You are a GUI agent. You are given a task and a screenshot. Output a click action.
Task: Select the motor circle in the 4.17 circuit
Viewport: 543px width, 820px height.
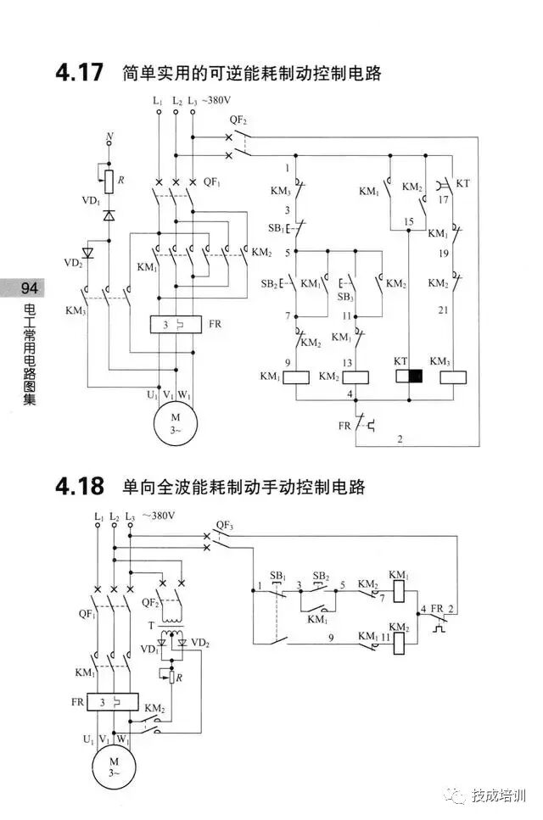click(175, 421)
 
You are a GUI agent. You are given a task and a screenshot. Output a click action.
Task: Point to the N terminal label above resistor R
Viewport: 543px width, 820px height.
click(109, 137)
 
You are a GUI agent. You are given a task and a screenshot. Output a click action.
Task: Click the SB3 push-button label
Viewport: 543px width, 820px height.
click(345, 298)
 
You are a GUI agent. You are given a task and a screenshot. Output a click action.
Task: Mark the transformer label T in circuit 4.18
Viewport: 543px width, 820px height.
click(153, 624)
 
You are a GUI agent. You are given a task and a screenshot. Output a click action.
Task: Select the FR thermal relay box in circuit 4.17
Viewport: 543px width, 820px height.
click(174, 325)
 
